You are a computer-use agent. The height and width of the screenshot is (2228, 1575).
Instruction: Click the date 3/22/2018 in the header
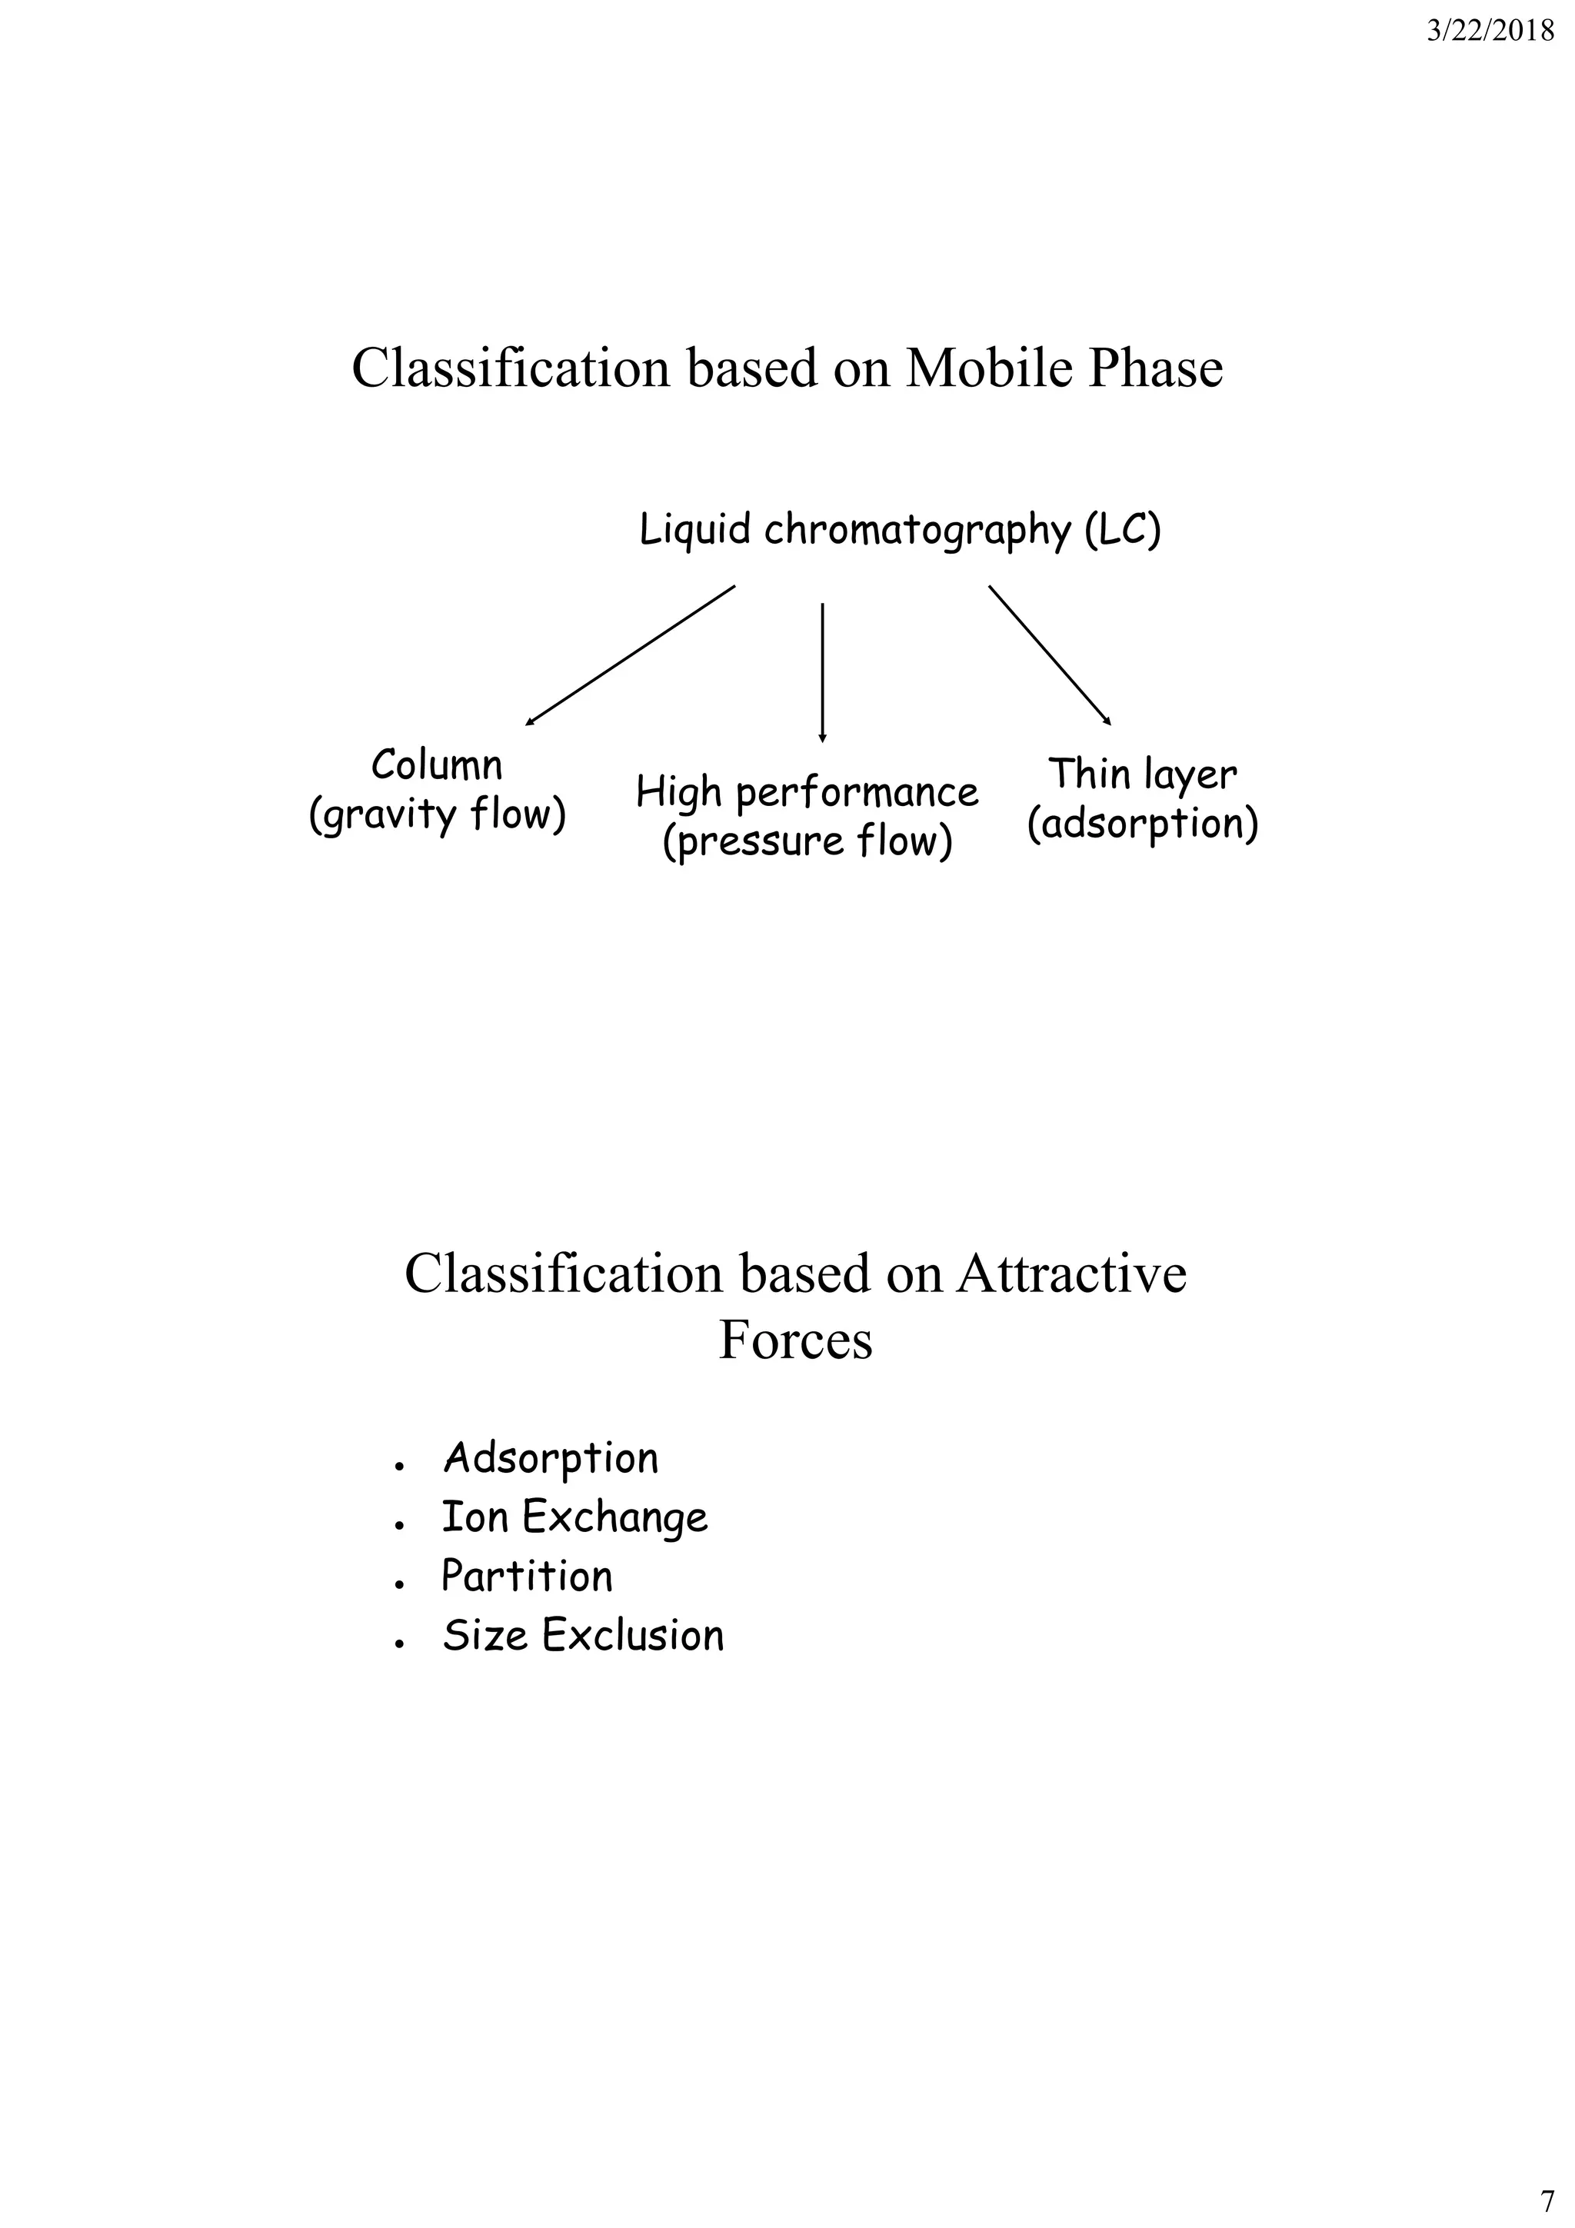click(1490, 32)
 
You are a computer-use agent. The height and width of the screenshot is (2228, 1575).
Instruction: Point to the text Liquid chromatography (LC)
click(900, 531)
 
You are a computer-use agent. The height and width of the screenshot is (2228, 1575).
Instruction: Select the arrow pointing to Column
click(630, 655)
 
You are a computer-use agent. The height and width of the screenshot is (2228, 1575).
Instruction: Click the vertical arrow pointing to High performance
click(822, 671)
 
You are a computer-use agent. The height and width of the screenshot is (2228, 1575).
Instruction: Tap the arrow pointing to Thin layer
click(1050, 655)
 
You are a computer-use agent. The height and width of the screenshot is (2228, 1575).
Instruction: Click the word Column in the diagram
click(437, 766)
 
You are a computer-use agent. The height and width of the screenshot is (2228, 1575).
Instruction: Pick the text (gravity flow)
click(437, 815)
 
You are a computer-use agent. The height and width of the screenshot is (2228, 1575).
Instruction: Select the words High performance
click(807, 793)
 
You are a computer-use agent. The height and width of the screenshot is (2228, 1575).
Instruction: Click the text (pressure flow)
click(807, 841)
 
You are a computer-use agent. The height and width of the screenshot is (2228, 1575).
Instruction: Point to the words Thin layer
click(1142, 774)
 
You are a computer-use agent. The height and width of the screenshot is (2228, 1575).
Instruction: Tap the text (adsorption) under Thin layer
click(1142, 824)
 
